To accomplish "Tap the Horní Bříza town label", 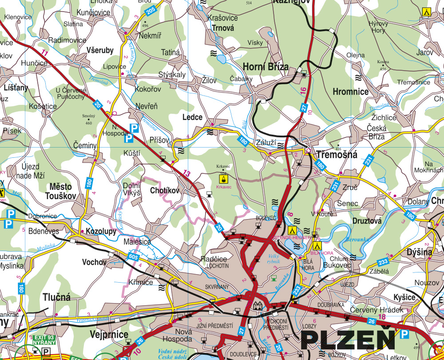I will [266, 67].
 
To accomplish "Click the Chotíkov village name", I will [165, 191].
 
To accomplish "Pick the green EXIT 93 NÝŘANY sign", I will [44, 340].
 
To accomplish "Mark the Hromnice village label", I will [350, 92].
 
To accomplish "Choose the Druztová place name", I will [367, 220].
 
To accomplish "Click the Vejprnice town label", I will [109, 334].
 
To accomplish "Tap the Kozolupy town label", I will [101, 232].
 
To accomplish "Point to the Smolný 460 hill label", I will [89, 119].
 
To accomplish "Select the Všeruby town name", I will [100, 50].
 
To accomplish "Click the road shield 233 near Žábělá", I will [383, 262].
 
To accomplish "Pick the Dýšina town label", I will [419, 252].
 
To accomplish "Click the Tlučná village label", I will [57, 297].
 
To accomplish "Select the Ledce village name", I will [192, 117].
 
